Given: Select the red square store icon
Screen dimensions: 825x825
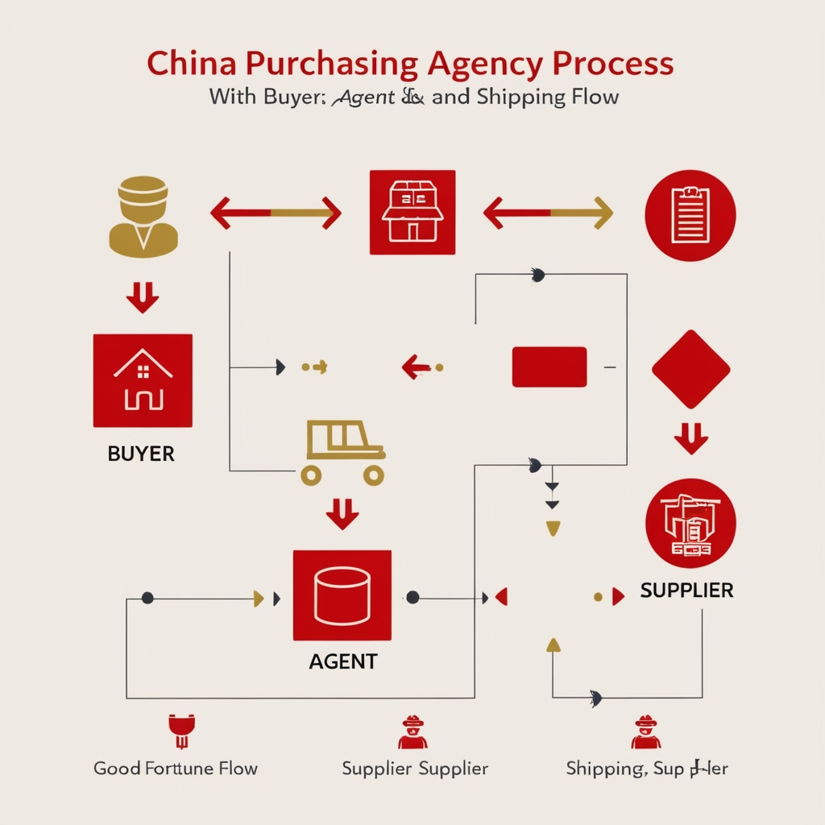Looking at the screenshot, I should click(412, 213).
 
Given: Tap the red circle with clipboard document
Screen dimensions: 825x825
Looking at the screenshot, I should click(690, 215).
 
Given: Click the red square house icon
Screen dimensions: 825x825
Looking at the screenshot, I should click(143, 380).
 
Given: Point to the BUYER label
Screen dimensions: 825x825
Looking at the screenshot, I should click(141, 454).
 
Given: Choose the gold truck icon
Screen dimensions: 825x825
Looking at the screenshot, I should click(342, 453).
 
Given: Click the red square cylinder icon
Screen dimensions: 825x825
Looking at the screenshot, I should click(342, 595).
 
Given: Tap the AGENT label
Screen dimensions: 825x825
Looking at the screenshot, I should click(342, 661).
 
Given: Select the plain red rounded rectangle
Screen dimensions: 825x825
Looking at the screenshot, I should click(549, 367).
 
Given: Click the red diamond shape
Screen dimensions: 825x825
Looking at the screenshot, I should click(690, 369).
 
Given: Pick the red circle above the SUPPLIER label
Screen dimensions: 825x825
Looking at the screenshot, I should click(690, 524).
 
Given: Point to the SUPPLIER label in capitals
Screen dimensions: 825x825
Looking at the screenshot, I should click(686, 591).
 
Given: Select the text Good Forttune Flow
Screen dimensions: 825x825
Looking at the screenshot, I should click(176, 768).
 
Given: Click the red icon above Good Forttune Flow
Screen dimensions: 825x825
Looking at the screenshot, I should click(179, 730).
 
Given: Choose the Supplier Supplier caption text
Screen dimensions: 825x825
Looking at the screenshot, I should click(415, 768).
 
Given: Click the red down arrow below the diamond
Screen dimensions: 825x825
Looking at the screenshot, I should click(690, 439).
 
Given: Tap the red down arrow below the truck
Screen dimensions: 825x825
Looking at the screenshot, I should click(342, 513).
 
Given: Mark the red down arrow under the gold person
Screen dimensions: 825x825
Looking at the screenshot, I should click(143, 297).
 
